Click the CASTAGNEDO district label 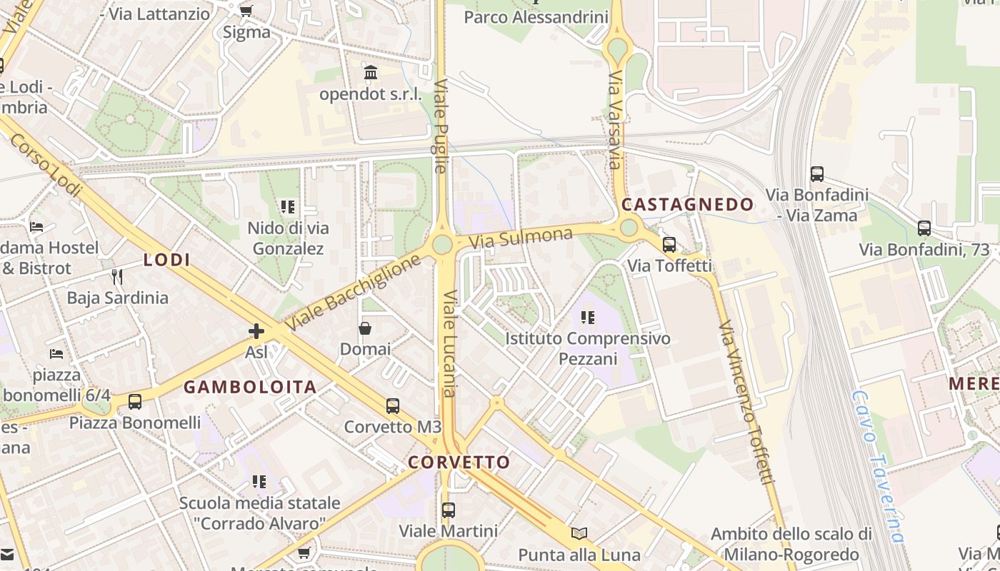point(687,205)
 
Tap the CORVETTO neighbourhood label point(459,462)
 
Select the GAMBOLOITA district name point(250,388)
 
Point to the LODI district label point(167,260)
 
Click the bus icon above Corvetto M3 point(392,406)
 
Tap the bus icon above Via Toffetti point(669,245)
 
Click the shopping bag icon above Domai point(365,328)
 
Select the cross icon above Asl point(256,331)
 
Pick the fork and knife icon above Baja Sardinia point(117,276)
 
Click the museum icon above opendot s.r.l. point(371,73)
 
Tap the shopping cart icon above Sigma point(246,11)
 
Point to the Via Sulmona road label point(521,238)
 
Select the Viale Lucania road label point(449,344)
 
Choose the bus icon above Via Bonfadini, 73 point(924,228)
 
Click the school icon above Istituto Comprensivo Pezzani point(588,318)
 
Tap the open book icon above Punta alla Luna point(579,533)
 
